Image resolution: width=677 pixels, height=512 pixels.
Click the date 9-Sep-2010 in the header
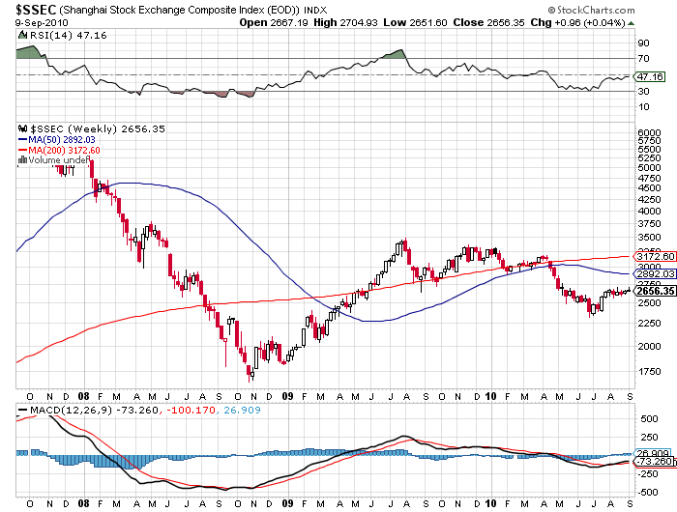(27, 22)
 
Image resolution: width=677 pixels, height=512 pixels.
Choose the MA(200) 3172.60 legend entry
(66, 150)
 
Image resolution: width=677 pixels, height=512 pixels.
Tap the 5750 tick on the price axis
(647, 140)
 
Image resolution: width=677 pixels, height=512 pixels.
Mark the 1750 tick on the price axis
(647, 371)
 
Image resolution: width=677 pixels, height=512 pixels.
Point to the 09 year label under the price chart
(288, 396)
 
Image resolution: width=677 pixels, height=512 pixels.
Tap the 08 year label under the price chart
(85, 396)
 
